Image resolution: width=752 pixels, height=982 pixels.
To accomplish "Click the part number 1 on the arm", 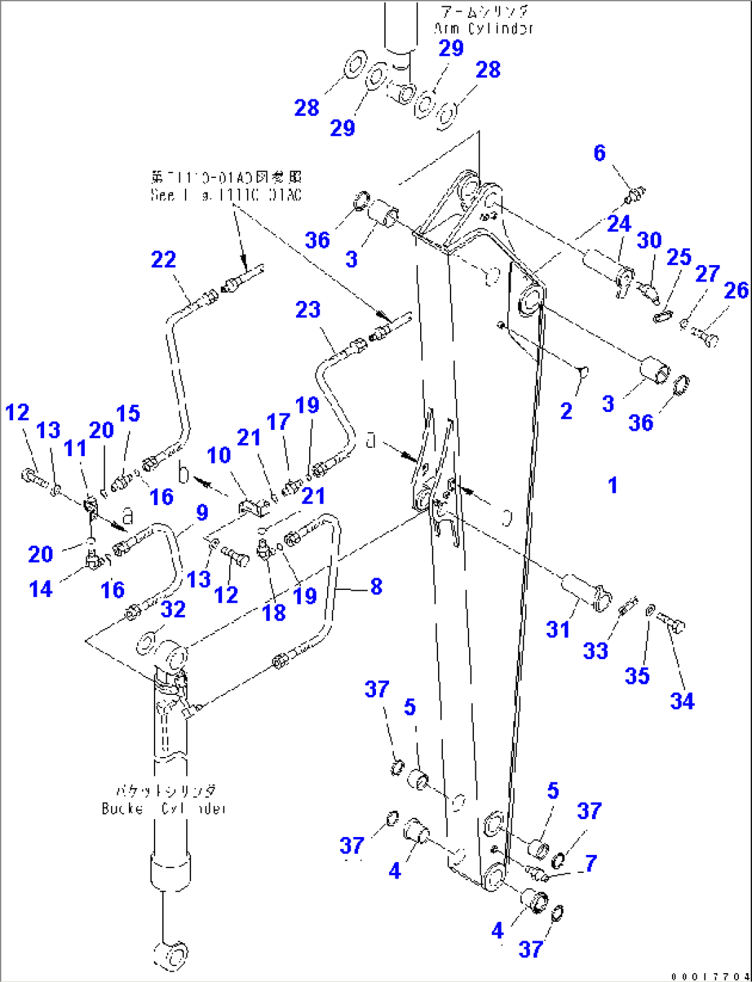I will [x=612, y=486].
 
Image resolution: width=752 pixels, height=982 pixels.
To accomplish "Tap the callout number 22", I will [x=164, y=259].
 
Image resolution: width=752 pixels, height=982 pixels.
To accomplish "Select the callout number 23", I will [x=308, y=309].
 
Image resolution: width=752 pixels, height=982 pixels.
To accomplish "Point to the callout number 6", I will [x=600, y=153].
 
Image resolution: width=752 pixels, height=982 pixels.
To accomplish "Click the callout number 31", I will [x=558, y=629].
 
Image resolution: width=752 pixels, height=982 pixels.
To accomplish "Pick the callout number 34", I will [x=682, y=701].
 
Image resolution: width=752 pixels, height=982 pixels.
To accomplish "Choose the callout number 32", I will [x=173, y=609].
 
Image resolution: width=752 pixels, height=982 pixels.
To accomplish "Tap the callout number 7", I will [x=591, y=863].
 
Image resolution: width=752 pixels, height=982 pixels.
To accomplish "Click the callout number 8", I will [x=376, y=587].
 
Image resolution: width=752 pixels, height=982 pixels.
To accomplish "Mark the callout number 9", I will [x=201, y=512].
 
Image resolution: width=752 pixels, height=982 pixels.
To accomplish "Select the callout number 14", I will [x=41, y=589].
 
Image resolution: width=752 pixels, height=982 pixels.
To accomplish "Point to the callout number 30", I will [x=649, y=240].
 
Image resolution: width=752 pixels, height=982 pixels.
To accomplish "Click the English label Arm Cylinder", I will [x=484, y=29].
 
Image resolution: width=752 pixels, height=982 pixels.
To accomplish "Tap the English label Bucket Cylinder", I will [x=164, y=808].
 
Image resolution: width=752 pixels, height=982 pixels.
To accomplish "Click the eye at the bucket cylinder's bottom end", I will [x=171, y=955].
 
